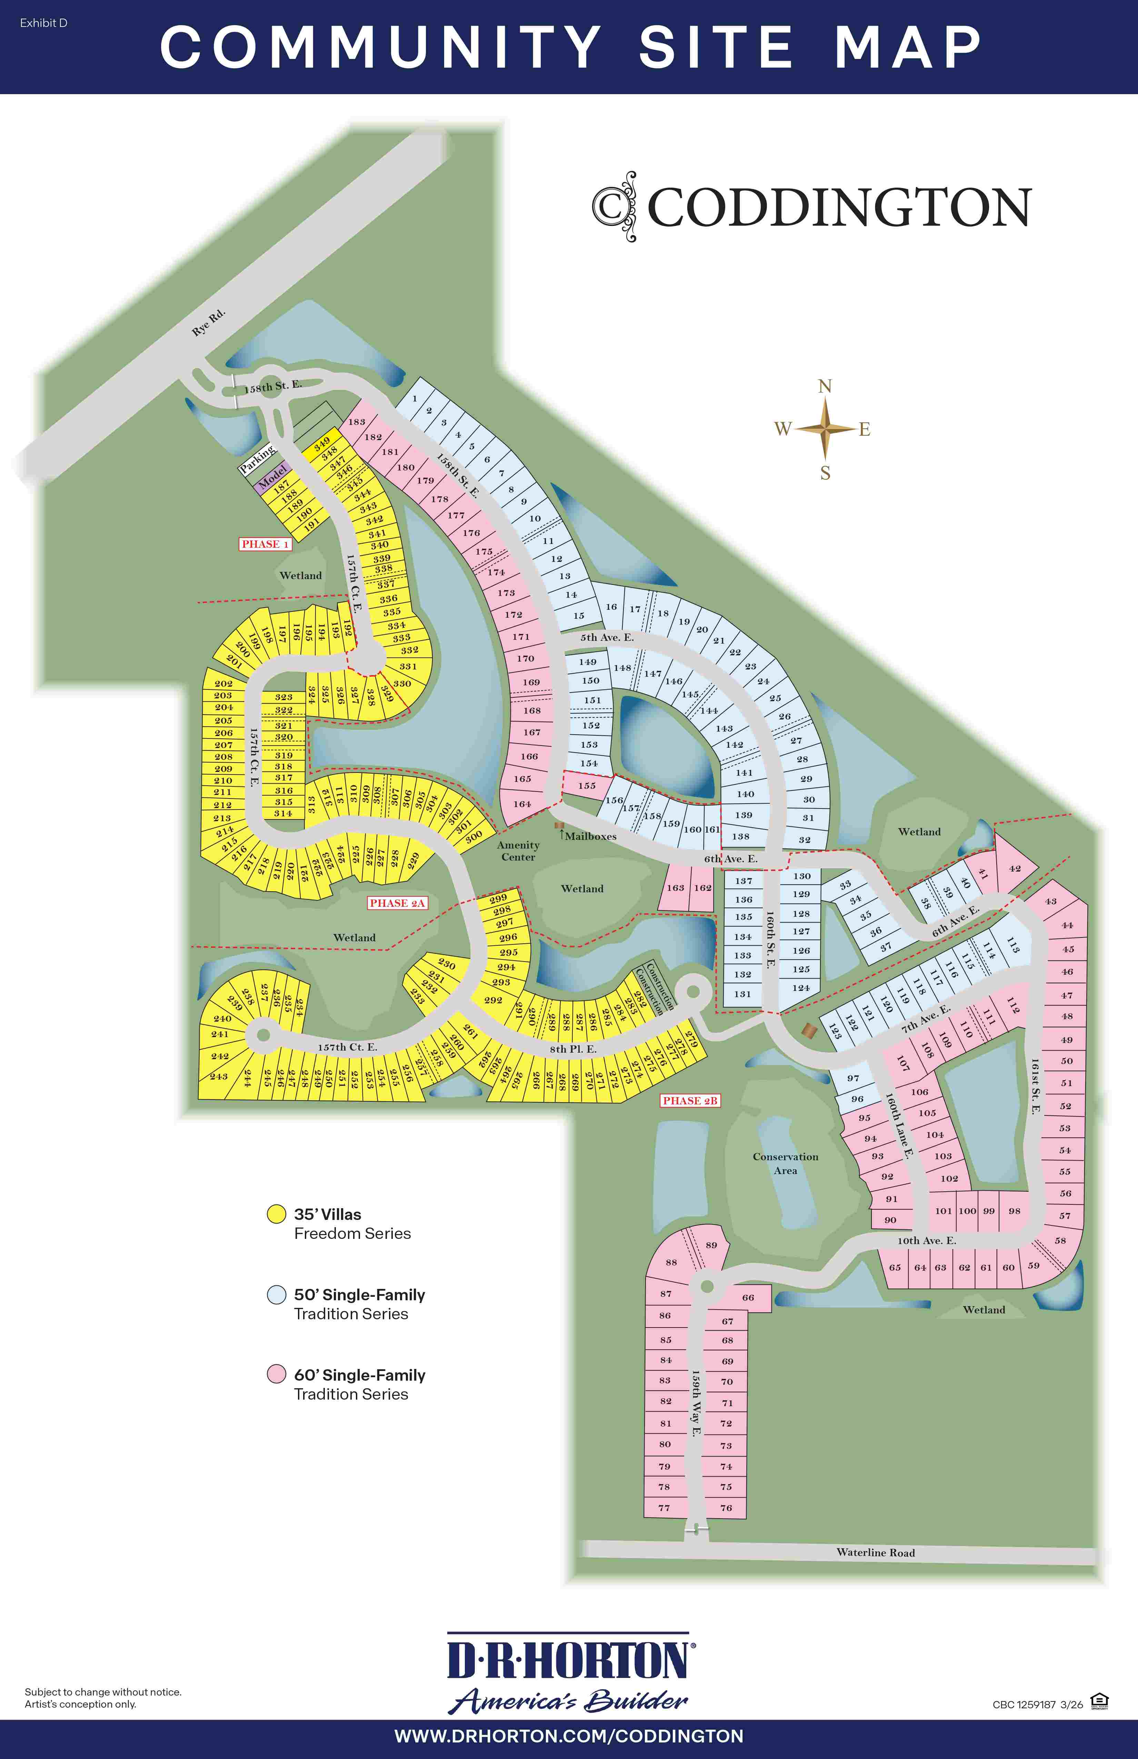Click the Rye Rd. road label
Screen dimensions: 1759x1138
[208, 323]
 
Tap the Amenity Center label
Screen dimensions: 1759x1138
[518, 851]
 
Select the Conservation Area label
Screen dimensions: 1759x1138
[786, 1163]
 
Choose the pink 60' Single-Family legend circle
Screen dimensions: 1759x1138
[276, 1374]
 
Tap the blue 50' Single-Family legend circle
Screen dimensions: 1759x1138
[276, 1294]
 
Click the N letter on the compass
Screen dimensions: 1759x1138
[825, 386]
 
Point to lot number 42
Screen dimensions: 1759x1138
[1015, 868]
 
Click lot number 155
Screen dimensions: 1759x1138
[587, 786]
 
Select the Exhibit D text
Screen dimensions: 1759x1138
[43, 23]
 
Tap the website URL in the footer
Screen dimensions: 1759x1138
[569, 1736]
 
